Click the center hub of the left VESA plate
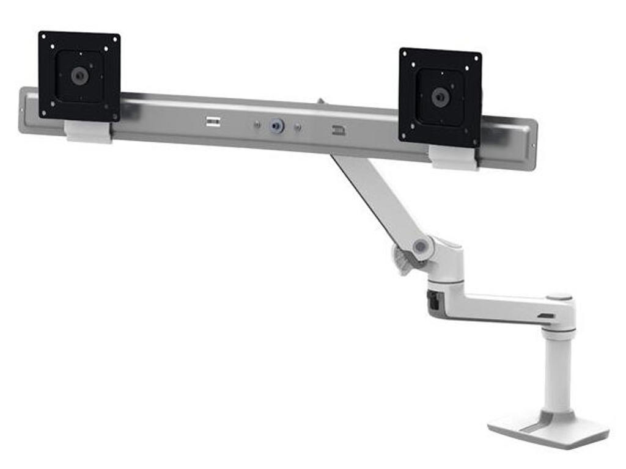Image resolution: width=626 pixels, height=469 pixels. [79, 76]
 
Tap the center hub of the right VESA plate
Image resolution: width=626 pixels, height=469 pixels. [440, 96]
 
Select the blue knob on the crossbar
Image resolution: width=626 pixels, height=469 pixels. [278, 126]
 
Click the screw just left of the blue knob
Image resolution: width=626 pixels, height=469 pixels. [257, 125]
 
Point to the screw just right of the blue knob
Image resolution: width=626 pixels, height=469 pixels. [298, 128]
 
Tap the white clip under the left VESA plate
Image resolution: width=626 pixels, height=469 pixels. [89, 131]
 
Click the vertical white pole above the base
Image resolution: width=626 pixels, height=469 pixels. [558, 373]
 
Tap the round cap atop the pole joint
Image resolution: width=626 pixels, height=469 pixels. [559, 297]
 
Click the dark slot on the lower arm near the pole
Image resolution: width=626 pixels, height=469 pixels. [546, 316]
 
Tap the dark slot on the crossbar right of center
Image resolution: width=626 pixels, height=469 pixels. [338, 130]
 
